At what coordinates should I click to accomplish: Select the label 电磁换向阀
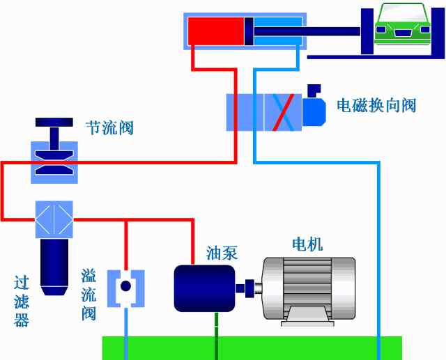point(376,105)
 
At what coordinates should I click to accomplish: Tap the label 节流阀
point(109,128)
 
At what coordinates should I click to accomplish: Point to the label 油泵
point(222,253)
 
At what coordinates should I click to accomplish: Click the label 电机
point(307,244)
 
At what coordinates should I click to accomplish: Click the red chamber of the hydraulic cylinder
point(215,31)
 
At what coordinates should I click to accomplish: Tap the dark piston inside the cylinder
point(248,31)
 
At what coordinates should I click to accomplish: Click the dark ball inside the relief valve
point(125,286)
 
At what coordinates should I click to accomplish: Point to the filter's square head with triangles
point(54,220)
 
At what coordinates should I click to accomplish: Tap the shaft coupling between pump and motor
point(248,287)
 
